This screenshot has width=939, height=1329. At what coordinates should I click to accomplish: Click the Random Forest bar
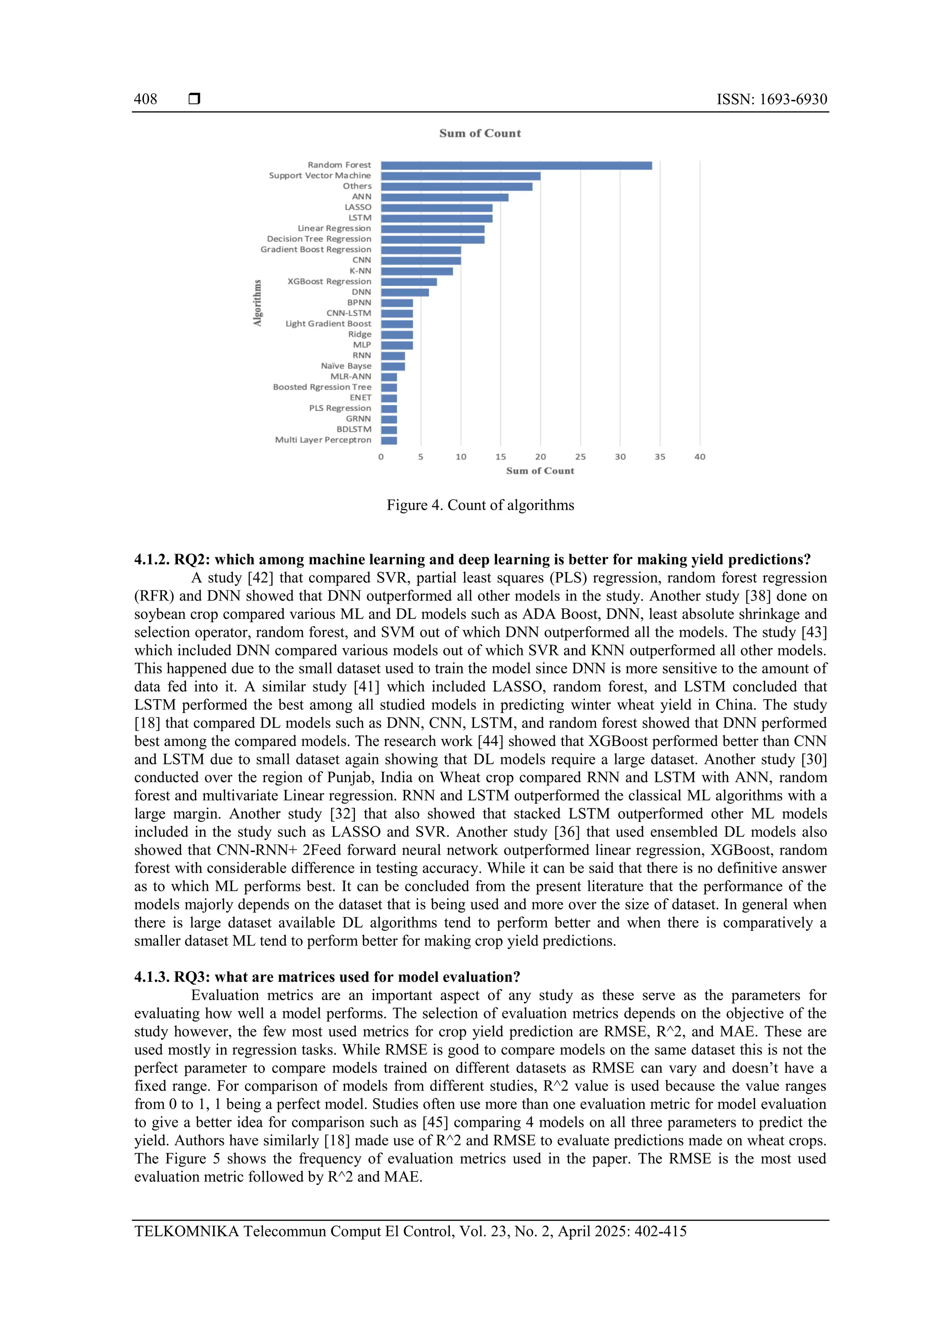click(x=516, y=166)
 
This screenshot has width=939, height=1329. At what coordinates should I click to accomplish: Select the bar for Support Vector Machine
click(x=460, y=176)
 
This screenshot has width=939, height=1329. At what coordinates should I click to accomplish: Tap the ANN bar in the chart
click(x=444, y=197)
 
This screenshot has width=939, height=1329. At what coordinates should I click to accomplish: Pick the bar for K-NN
click(x=417, y=271)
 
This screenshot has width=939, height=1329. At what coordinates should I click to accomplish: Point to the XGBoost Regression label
click(x=329, y=281)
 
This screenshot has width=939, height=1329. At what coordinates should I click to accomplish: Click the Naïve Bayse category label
click(x=346, y=366)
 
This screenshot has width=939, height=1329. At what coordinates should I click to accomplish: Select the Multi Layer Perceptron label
click(x=323, y=440)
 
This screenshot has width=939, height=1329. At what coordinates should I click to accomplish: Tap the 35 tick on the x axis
click(x=660, y=457)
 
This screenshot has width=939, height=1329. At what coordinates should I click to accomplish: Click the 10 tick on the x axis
click(x=460, y=457)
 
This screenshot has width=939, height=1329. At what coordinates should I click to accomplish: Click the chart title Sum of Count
click(x=480, y=133)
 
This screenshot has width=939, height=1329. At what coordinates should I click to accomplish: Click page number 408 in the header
click(x=145, y=99)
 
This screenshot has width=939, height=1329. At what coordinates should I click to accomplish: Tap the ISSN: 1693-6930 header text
click(x=771, y=99)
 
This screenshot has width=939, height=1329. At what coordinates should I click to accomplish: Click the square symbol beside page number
click(x=194, y=99)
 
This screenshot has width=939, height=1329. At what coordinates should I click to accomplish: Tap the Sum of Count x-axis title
click(x=540, y=471)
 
